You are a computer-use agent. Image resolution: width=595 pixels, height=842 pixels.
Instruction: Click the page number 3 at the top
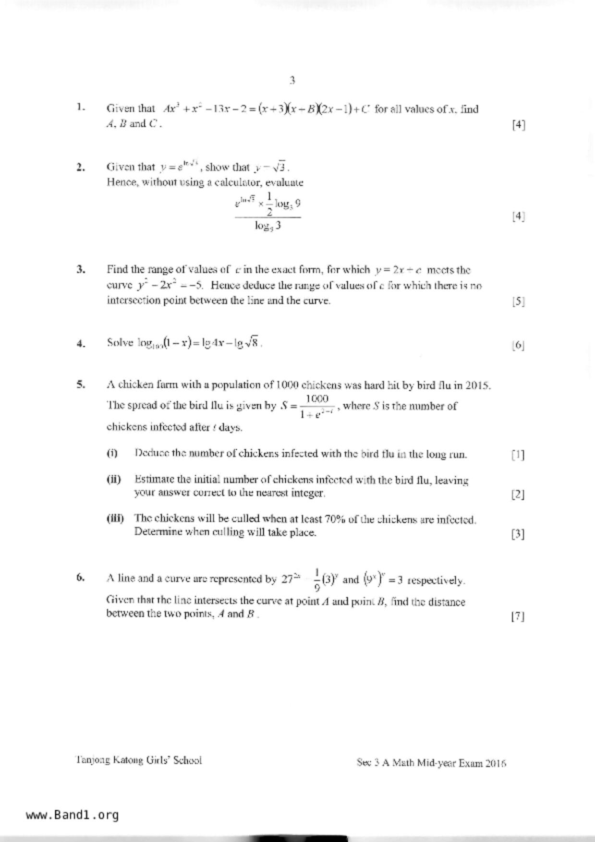pyautogui.click(x=292, y=81)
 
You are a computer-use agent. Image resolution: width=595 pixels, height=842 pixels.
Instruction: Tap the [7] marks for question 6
pyautogui.click(x=518, y=616)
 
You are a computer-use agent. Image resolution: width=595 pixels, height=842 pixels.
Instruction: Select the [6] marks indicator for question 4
pyautogui.click(x=518, y=345)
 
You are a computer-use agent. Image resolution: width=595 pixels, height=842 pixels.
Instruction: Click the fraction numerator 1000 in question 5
pyautogui.click(x=317, y=398)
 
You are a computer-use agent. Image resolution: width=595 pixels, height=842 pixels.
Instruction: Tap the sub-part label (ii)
pyautogui.click(x=114, y=479)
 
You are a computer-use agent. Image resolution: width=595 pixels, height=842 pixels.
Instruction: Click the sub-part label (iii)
pyautogui.click(x=115, y=518)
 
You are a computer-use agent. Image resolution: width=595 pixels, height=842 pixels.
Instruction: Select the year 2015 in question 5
pyautogui.click(x=478, y=385)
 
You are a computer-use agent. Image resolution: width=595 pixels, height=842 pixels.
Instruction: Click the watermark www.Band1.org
pyautogui.click(x=73, y=815)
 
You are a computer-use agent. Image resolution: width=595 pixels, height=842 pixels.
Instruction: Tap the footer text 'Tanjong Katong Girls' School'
pyautogui.click(x=138, y=760)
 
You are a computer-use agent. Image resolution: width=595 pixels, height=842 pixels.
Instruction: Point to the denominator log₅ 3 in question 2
pyautogui.click(x=267, y=226)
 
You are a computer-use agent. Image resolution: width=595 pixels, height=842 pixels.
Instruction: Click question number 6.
pyautogui.click(x=81, y=577)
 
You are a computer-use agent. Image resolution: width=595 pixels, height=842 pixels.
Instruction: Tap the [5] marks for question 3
pyautogui.click(x=518, y=301)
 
